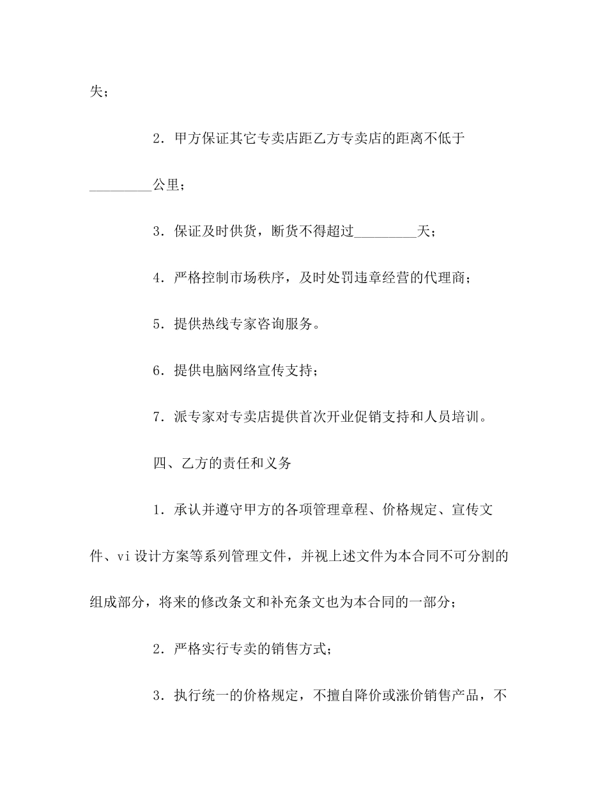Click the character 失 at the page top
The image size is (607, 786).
(95, 92)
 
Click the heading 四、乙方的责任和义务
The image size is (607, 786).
(222, 463)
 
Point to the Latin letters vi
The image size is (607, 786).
(123, 557)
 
